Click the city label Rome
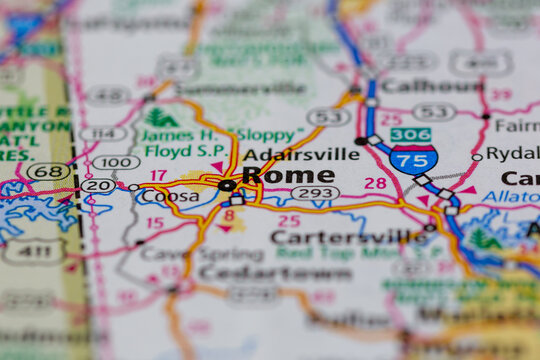click(x=288, y=175)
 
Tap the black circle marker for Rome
click(x=228, y=185)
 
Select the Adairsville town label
click(x=301, y=154)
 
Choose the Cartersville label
click(x=348, y=237)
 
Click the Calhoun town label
click(x=432, y=86)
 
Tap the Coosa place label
click(x=170, y=196)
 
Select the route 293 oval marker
click(x=315, y=192)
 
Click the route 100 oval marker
click(x=116, y=162)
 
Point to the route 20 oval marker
click(x=98, y=186)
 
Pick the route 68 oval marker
click(x=48, y=171)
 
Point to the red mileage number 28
click(x=375, y=183)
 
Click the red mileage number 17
click(x=158, y=175)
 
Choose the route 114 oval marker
click(x=103, y=133)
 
